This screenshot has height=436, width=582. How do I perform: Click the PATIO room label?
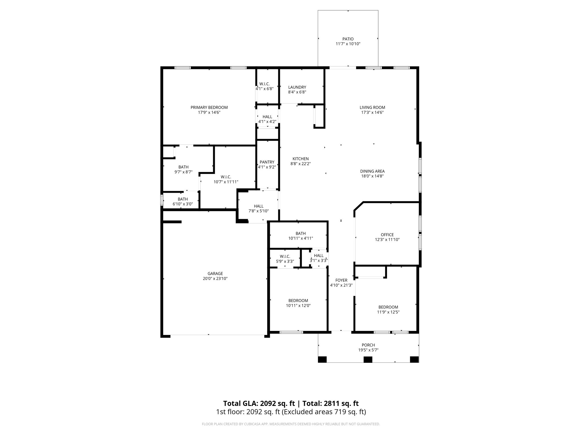[348, 39]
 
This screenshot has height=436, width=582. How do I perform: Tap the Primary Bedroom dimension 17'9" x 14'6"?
[209, 112]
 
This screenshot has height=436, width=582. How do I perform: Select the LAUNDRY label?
[297, 87]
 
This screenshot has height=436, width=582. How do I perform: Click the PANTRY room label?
[267, 162]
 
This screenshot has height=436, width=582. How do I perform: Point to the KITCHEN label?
[301, 159]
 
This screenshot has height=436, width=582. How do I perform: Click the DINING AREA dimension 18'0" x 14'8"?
[372, 176]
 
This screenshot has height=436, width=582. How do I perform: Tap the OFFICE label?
[387, 234]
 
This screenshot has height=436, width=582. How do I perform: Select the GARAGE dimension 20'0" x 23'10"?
[215, 278]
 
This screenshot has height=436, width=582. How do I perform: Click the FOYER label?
[341, 280]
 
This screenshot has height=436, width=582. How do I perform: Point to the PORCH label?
[368, 345]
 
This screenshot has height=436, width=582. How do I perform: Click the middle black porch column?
[368, 359]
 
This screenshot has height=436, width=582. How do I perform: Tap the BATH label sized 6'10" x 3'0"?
[183, 199]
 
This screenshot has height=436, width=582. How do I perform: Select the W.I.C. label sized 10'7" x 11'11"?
[226, 177]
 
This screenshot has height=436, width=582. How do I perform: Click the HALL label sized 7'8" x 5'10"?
[258, 206]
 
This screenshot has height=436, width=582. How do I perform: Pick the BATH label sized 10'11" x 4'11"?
[300, 233]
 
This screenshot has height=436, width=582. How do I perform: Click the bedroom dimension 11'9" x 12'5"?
[388, 312]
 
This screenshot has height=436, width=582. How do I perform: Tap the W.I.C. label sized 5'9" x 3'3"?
[285, 256]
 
